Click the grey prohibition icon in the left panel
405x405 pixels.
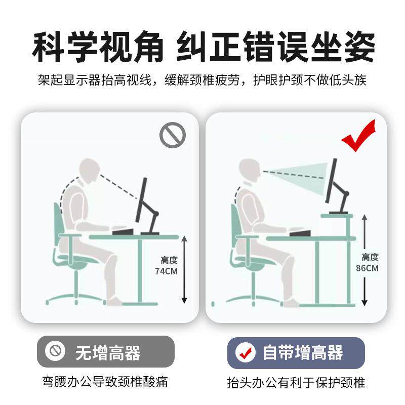(173, 134)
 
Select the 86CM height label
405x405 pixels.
(370, 263)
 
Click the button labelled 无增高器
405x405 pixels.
(105, 351)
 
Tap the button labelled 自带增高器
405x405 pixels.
(296, 352)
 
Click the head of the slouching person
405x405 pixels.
(90, 171)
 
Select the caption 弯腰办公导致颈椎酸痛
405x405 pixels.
(105, 381)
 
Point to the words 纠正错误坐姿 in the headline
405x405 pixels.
(275, 47)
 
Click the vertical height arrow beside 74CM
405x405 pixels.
(184, 269)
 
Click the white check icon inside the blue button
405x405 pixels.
(247, 352)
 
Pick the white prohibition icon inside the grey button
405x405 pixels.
(55, 351)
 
